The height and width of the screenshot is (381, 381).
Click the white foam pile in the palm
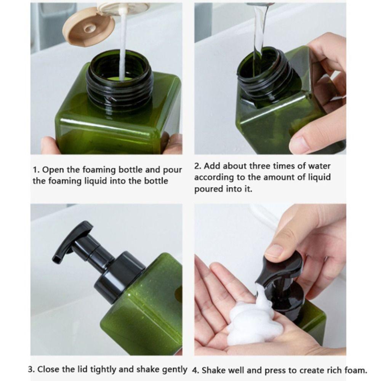point(250,320)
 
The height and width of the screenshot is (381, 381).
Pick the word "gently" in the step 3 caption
point(174,369)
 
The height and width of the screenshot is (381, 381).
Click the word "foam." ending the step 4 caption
point(355,370)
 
